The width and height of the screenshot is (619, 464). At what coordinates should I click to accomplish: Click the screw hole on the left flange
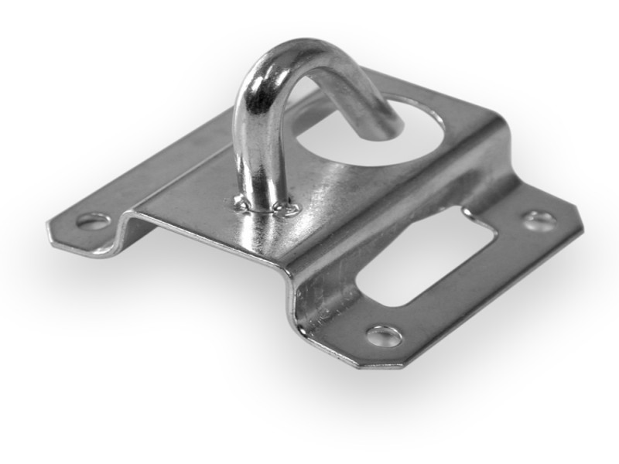pyautogui.click(x=93, y=222)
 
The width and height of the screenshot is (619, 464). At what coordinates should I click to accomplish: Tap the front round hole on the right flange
pyautogui.click(x=385, y=336)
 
